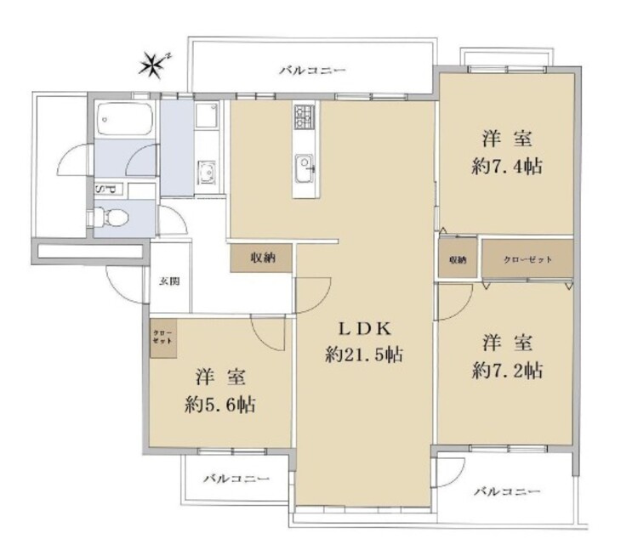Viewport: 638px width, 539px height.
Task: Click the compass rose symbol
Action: pos(153,65)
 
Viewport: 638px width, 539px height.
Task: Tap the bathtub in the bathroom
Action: pos(125,119)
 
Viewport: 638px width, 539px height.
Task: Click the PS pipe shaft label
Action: pos(106,189)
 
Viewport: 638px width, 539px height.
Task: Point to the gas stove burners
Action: pos(305,116)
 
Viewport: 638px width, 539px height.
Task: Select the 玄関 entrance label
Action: pos(169,281)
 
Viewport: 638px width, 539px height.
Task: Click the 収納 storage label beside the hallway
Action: pos(263,258)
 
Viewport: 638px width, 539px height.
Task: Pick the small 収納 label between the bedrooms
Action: pos(458,260)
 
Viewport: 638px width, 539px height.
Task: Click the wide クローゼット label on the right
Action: pos(527,259)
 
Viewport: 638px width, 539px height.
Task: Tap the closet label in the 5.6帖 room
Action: pos(162,337)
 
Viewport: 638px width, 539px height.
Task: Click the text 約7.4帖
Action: pos(507,167)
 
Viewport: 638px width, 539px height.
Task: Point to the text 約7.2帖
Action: pos(507,371)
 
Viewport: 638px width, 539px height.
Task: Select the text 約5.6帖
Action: pos(220,405)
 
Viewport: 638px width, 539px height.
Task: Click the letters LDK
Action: pos(365,329)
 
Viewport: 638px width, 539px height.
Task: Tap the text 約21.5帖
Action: pos(364,355)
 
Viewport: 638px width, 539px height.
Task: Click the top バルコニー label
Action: pos(312,71)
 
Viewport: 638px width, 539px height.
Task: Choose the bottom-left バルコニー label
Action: pos(236,479)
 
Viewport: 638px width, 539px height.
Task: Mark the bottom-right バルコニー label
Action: pos(507,491)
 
